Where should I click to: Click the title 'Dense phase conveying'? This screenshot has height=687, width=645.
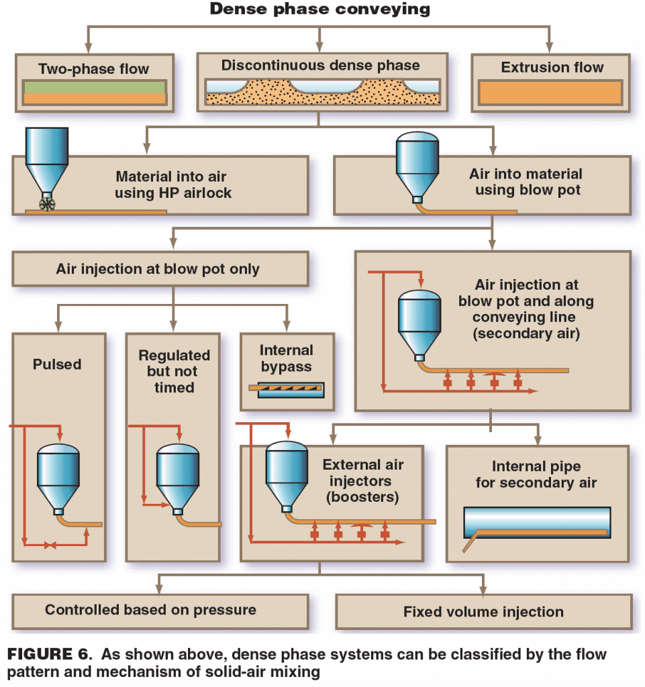[320, 9]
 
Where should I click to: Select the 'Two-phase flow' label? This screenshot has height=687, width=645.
[94, 69]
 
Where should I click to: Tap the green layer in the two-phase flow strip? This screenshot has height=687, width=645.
[94, 87]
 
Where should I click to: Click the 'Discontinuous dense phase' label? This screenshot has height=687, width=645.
[320, 66]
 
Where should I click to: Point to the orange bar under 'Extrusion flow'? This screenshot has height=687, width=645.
[550, 92]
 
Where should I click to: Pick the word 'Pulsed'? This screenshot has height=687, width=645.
[57, 364]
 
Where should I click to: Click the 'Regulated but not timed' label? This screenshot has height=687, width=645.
[174, 371]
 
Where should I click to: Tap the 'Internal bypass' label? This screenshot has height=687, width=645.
[287, 357]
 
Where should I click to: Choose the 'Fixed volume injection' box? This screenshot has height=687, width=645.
[483, 612]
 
